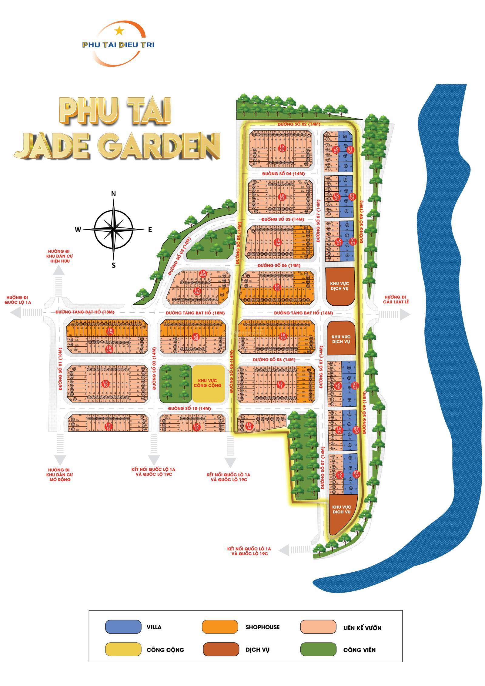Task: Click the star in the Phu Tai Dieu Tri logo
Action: coord(119,30)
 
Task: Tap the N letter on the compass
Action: coord(113,194)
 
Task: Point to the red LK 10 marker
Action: coord(105,383)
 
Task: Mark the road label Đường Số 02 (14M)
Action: coord(299,124)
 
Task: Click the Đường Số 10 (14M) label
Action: coord(189,408)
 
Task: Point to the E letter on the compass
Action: coord(150,230)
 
